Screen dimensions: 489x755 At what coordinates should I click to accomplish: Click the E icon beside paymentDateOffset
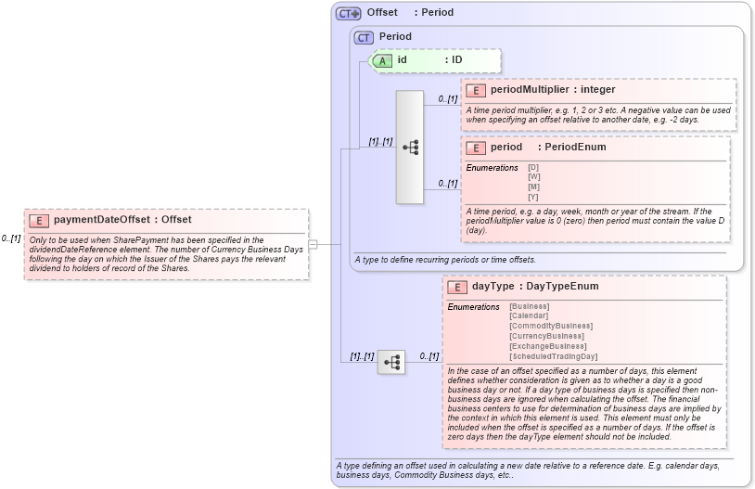point(40,220)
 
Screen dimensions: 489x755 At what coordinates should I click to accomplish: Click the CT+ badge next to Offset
point(348,13)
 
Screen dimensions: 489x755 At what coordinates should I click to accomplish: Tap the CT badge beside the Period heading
point(364,37)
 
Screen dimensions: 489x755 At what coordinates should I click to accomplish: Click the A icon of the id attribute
point(382,60)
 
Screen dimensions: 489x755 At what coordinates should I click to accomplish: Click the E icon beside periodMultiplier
point(476,90)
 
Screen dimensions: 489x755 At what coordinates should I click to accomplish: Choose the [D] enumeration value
point(533,167)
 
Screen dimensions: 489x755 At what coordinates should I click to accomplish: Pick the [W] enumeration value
point(534,176)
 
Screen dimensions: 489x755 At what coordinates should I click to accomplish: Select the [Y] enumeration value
point(533,196)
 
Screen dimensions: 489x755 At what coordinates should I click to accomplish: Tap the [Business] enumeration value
point(529,306)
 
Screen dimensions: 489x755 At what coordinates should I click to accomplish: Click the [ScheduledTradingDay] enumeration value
point(554,356)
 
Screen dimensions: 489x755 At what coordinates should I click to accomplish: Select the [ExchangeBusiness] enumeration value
point(547,346)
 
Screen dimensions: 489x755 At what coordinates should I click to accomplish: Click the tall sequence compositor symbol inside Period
point(409,147)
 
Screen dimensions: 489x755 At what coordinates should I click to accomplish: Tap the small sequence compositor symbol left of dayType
point(391,362)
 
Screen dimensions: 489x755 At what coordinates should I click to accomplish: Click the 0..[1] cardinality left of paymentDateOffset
point(11,238)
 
